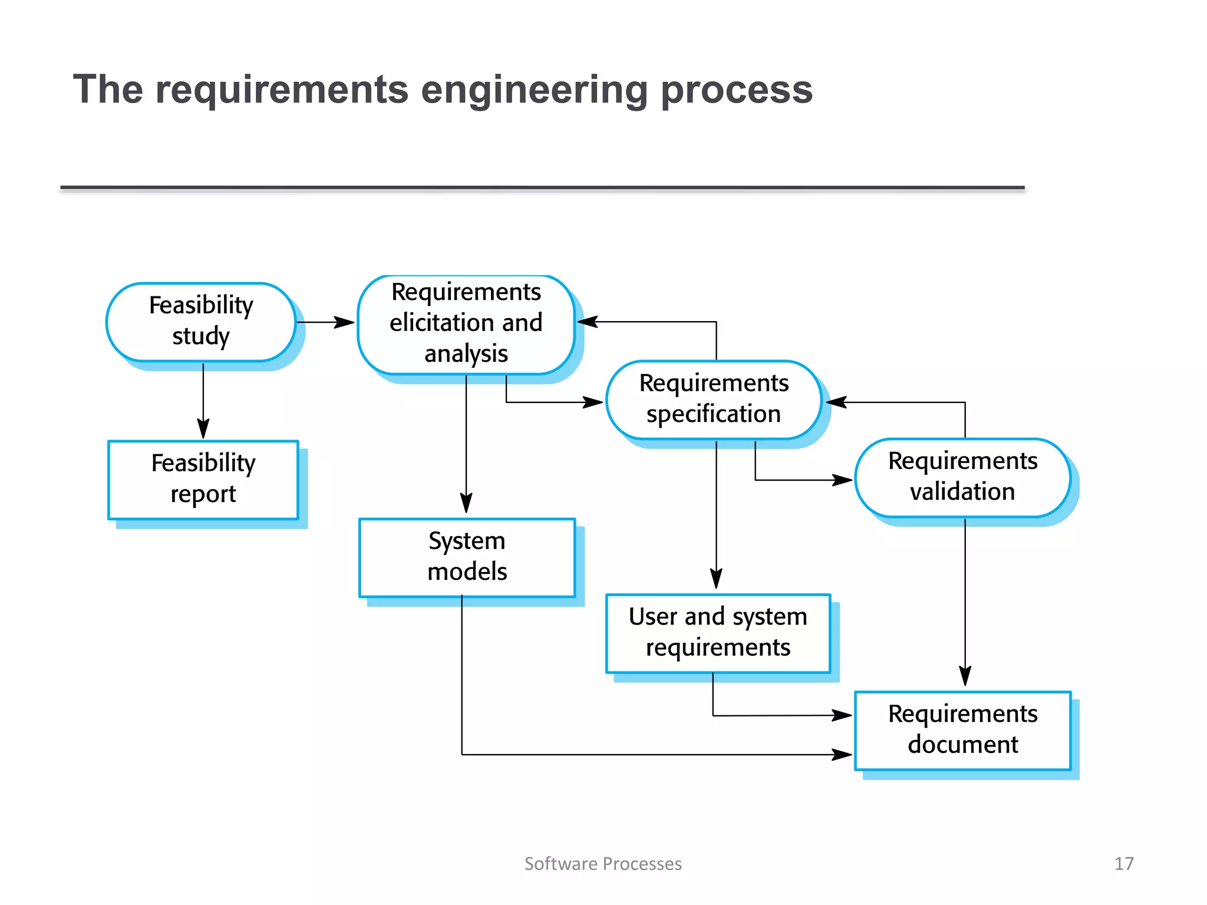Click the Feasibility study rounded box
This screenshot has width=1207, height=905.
[x=201, y=322]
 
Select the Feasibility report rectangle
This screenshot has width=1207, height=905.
[x=203, y=479]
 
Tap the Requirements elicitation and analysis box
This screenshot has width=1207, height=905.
[x=466, y=323]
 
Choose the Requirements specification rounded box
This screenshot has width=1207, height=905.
[x=714, y=399]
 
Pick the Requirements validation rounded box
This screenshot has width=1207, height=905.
[x=962, y=477]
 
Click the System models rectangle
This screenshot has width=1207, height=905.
[x=467, y=557]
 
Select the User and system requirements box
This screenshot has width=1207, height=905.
[x=718, y=632]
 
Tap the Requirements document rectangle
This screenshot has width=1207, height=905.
[x=962, y=729]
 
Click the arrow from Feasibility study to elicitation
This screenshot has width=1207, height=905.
[x=324, y=322]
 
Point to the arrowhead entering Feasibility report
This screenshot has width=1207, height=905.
[x=203, y=429]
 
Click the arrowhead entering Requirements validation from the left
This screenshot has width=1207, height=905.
[x=842, y=480]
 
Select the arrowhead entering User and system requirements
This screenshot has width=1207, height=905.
[x=716, y=579]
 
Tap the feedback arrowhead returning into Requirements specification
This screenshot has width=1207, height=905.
[x=837, y=402]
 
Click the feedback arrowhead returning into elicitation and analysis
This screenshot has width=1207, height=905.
[x=588, y=322]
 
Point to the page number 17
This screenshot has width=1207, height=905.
[x=1123, y=863]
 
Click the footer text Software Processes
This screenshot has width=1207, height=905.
[x=603, y=863]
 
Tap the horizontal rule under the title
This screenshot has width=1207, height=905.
[x=542, y=188]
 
